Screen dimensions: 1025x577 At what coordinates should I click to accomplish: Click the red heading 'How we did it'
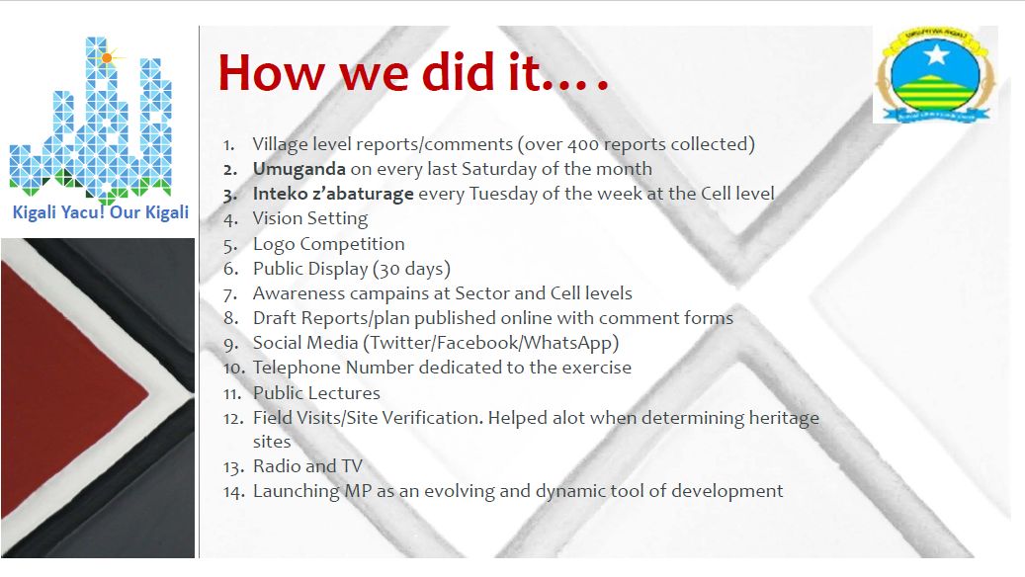413,71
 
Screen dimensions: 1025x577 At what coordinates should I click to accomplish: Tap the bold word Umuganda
299,169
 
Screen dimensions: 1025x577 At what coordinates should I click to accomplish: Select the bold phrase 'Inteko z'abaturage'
333,194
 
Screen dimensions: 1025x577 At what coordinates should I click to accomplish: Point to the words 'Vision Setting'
310,219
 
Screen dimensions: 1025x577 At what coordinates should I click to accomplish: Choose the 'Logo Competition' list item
329,244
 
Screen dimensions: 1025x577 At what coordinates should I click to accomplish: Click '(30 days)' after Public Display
412,269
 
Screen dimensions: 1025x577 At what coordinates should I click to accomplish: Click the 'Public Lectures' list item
316,392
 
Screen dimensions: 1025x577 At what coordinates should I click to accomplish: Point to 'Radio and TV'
307,466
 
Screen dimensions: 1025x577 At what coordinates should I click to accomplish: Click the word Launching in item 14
297,491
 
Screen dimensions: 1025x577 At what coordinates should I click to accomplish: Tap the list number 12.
233,418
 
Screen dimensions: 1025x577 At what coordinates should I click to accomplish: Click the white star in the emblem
936,55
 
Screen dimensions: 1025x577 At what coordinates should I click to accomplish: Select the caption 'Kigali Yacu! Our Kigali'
101,213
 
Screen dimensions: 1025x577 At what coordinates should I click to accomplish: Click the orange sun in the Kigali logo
107,58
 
